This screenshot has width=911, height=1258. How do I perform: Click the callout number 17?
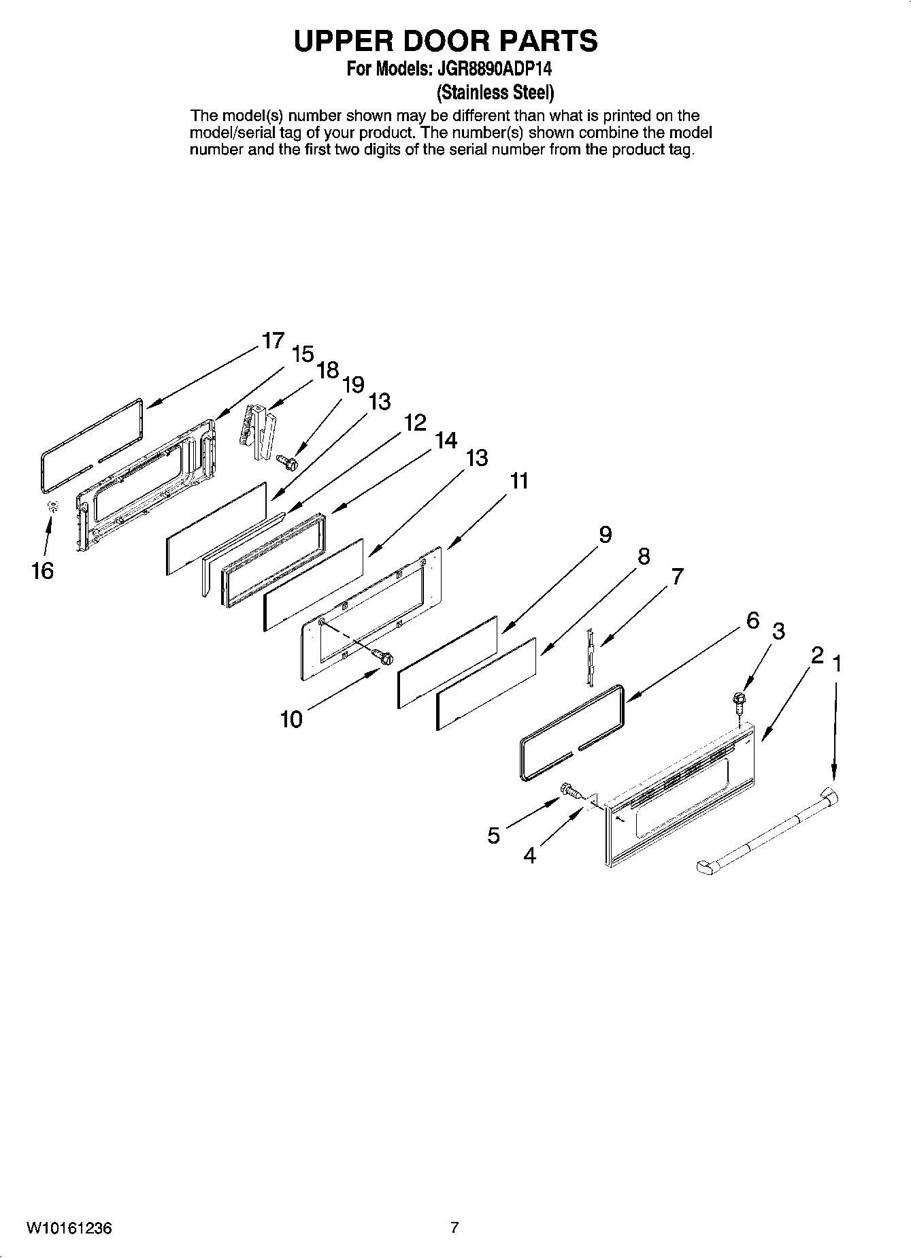point(273,340)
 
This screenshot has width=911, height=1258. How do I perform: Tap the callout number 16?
point(42,570)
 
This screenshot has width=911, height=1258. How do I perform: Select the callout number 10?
point(292,719)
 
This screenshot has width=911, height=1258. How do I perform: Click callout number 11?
point(519,481)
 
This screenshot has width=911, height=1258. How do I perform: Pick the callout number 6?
point(752,620)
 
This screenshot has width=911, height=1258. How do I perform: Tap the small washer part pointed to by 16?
point(52,506)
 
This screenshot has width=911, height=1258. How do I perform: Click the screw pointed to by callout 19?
point(288,463)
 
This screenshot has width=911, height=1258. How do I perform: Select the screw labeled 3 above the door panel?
point(738,699)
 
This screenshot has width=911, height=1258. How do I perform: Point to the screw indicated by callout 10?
point(384,658)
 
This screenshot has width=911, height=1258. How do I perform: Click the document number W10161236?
point(69,1228)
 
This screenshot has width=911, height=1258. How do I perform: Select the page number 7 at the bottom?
point(454,1228)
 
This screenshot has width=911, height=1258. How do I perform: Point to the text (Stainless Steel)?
point(495,91)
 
